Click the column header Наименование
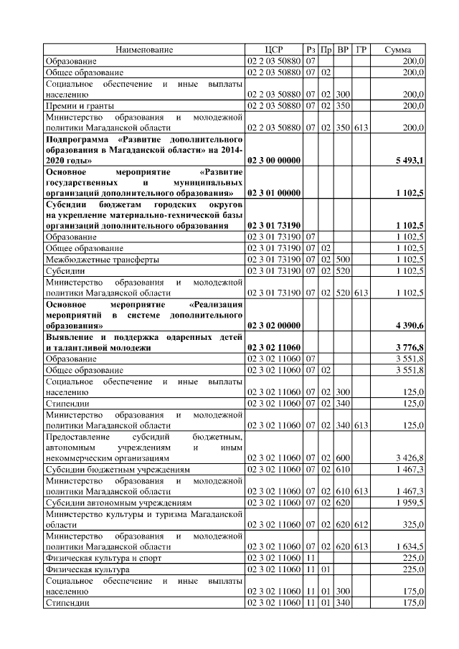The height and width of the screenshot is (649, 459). [x=145, y=49]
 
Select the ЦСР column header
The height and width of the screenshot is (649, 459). [x=274, y=49]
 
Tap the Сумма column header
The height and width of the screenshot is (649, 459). [x=397, y=49]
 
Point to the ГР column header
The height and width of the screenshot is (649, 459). [x=361, y=49]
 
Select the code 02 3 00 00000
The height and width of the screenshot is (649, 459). [x=274, y=161]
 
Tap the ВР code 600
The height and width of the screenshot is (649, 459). [x=344, y=456]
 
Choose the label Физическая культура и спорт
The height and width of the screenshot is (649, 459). [x=103, y=558]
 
